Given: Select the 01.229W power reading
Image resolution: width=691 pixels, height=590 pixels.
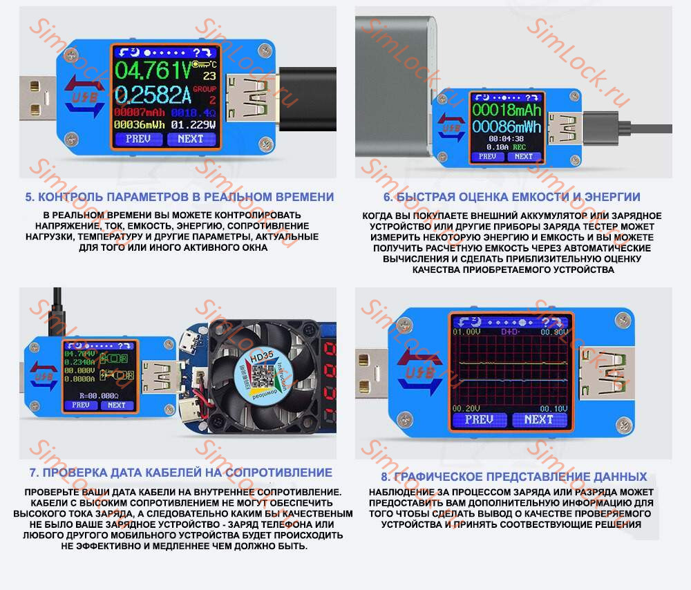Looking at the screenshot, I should point(193,124).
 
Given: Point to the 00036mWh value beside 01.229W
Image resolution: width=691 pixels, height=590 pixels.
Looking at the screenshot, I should point(139,124).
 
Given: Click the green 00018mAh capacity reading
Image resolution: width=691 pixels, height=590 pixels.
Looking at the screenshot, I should point(506,111).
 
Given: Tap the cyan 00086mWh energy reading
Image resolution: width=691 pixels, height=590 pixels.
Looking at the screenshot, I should point(506,127).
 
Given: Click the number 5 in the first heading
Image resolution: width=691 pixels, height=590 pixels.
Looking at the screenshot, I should point(30,197).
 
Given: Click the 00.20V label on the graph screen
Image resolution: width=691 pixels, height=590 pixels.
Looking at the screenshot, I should point(466,408).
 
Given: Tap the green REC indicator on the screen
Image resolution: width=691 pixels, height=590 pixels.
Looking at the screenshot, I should point(518,147).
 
